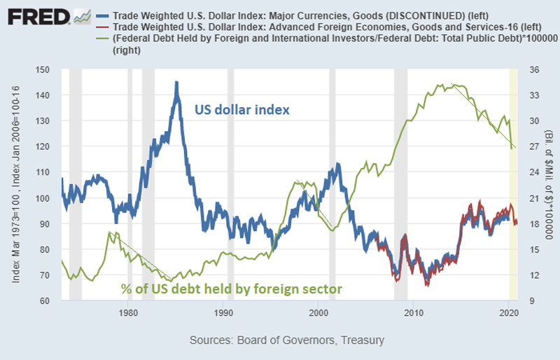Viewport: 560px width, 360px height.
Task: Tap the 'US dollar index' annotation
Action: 241,110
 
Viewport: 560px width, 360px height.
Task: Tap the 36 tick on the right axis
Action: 530,70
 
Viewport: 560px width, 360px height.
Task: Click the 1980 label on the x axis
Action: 127,312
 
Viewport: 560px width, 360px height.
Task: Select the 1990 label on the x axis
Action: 223,312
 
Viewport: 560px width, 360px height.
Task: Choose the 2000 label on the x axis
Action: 318,312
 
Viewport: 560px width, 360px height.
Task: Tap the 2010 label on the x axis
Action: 413,312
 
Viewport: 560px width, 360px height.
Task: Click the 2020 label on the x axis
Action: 508,312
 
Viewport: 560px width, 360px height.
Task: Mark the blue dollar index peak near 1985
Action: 176,83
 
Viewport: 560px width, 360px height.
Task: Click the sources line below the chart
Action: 286,340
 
